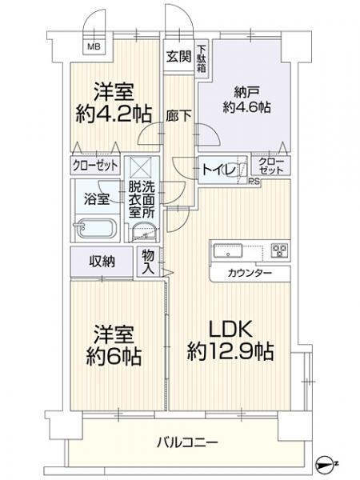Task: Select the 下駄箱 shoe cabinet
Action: (202, 58)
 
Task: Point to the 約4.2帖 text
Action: (114, 114)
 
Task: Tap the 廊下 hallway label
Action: (178, 114)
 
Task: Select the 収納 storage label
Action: (101, 262)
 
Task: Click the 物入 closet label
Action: (149, 262)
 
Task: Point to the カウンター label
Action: (249, 274)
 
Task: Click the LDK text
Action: (231, 329)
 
